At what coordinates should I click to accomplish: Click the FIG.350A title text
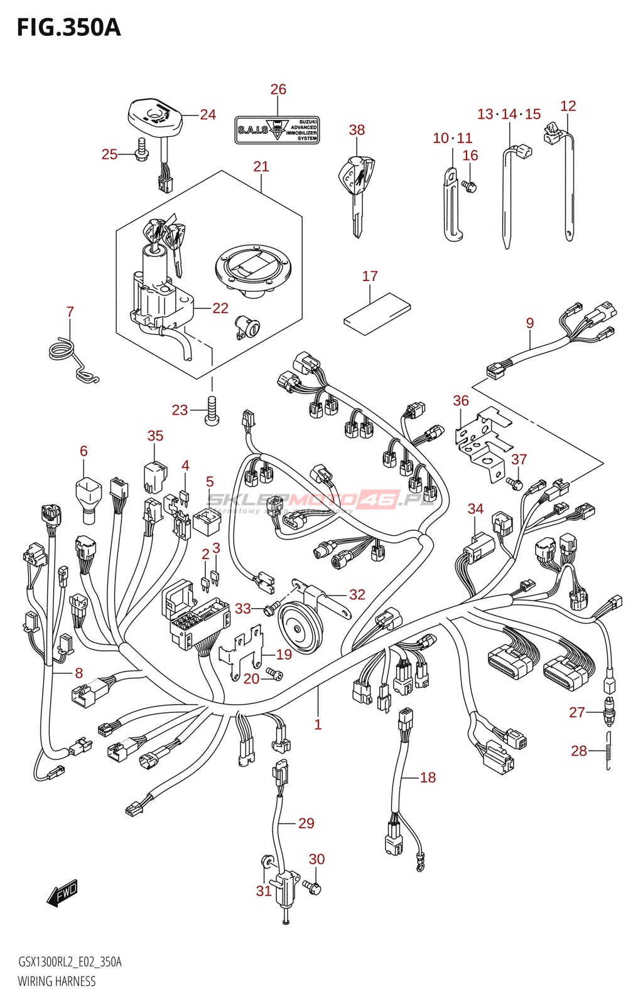(x=68, y=28)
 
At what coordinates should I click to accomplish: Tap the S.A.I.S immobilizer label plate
(x=277, y=130)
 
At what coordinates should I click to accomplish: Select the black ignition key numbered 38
(x=356, y=188)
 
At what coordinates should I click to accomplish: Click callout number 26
(x=278, y=90)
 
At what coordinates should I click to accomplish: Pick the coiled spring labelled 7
(x=70, y=358)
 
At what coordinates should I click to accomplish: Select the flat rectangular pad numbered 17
(x=377, y=310)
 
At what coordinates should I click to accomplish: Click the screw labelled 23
(x=212, y=411)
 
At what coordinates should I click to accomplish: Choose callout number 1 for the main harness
(x=318, y=725)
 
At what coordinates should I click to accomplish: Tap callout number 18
(x=428, y=777)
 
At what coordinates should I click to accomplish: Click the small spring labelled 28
(x=608, y=750)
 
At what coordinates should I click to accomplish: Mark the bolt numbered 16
(x=470, y=186)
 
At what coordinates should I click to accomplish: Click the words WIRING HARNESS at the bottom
(x=57, y=981)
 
